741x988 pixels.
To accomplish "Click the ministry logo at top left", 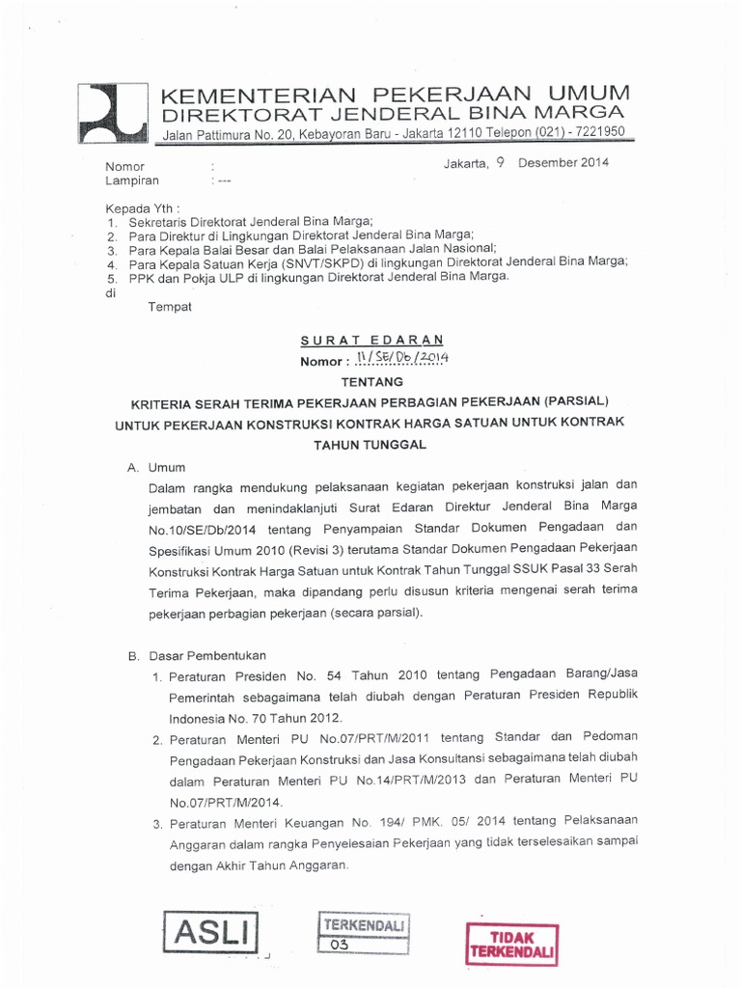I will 112,115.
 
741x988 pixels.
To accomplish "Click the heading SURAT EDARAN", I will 370,340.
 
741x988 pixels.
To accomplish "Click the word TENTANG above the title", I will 370,381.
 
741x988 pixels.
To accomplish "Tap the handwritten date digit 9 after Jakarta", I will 500,162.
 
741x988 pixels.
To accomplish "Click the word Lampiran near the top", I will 132,179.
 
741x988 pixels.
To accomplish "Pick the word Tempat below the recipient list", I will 169,307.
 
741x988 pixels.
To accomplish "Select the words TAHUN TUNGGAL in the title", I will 370,445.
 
